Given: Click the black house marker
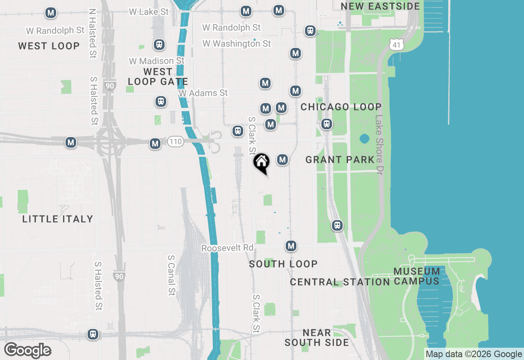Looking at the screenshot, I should point(262,162).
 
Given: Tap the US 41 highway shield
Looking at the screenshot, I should point(396,45).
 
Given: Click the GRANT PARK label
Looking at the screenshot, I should point(340,160).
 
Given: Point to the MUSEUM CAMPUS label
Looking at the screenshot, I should point(417,276).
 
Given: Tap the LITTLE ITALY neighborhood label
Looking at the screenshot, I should point(58,219).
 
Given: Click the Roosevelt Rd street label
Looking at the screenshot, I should point(228,248).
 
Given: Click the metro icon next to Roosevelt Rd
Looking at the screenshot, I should point(291,246).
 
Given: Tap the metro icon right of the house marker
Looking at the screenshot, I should point(282,160).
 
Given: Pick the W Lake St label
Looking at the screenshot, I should point(149,12).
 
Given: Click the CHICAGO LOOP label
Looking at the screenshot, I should point(341,107).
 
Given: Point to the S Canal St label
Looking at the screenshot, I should point(172,275).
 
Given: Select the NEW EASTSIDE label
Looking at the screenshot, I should point(380,6).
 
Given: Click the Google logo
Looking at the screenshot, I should point(27,351).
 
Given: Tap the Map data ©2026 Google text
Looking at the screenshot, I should point(474,354).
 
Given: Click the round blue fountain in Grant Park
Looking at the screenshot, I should point(364,139).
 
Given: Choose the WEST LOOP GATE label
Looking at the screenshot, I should point(158,76).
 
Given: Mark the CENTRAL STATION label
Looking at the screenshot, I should point(340,282).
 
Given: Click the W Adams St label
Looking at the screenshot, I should point(203,93).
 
